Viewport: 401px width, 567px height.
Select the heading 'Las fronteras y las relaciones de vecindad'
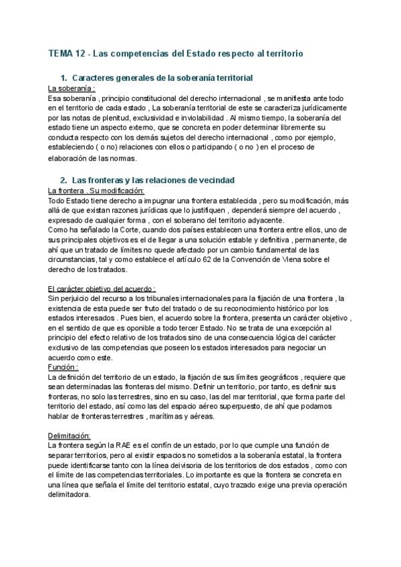(x=152, y=181)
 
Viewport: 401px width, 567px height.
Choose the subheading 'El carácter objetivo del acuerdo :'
(x=102, y=288)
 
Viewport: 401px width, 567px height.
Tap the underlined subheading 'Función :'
(x=63, y=367)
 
